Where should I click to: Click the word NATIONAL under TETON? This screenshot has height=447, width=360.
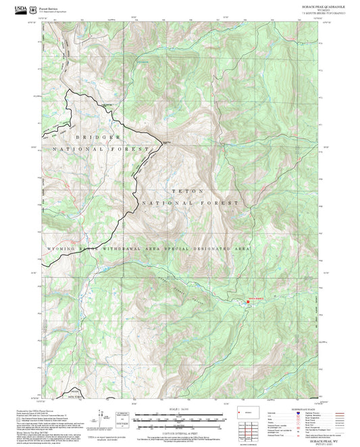(164, 203)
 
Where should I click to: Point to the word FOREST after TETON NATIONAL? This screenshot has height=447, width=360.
(223, 203)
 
